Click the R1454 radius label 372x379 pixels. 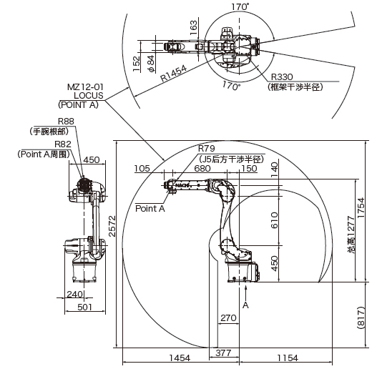point(174,73)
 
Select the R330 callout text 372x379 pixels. point(282,77)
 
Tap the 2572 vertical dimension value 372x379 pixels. point(112,226)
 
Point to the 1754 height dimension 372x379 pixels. point(361,207)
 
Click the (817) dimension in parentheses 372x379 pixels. point(361,318)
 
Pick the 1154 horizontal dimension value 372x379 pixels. point(288,358)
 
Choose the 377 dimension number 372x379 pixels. point(223,353)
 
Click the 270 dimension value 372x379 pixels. point(228,318)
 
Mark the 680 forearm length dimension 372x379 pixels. point(202,168)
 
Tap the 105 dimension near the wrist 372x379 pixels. point(142,168)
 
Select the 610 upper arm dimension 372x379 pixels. point(275,220)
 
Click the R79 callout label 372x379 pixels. point(206,149)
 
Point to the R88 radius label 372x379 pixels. point(66,121)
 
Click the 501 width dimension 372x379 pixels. point(85,307)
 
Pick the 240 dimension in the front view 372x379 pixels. point(74,294)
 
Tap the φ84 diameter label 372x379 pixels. point(151,64)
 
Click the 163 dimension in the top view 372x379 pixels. point(193,28)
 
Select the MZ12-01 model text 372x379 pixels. point(85,87)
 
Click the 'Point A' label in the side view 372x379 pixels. point(150,208)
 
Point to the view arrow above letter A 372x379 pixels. point(245,293)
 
